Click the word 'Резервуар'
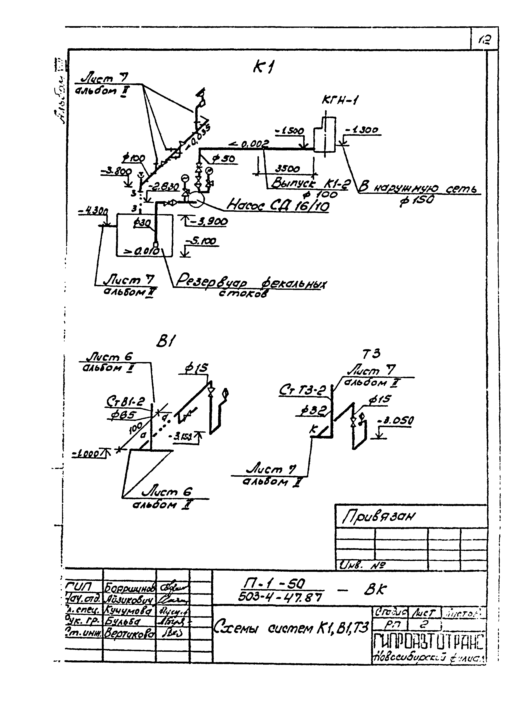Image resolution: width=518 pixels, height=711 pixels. (211, 281)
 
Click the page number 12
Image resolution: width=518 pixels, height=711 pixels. (485, 39)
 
